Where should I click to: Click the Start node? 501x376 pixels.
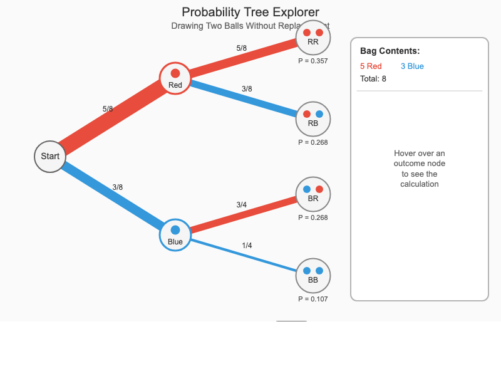[x=50, y=156]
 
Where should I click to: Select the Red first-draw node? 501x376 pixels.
[x=175, y=78]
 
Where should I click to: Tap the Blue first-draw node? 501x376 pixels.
[x=175, y=235]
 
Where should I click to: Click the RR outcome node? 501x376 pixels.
[x=313, y=38]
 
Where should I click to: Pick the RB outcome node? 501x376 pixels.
[x=313, y=119]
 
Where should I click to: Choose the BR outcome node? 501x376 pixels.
[x=313, y=194]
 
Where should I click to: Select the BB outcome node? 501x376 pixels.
[x=313, y=276]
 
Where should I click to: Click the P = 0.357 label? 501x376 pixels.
[x=313, y=61]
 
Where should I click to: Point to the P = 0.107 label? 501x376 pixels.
[x=313, y=299]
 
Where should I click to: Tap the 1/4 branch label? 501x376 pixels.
[x=247, y=246]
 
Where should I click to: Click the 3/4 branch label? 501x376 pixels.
[x=241, y=205]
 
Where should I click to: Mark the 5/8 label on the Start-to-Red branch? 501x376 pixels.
[x=108, y=109]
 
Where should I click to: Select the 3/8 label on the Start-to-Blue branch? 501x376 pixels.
[x=117, y=187]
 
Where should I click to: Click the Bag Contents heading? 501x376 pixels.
[x=390, y=51]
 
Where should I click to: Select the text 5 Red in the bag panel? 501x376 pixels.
[x=371, y=66]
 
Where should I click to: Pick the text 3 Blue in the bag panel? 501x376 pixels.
[x=412, y=66]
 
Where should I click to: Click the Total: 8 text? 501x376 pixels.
[x=373, y=79]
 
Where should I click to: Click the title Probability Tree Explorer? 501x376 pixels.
[x=250, y=12]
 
